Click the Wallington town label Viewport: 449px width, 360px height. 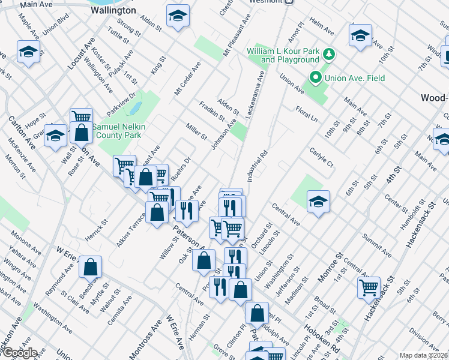point(113,11)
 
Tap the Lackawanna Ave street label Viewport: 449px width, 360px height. point(256,93)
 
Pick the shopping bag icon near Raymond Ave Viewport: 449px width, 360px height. point(90,266)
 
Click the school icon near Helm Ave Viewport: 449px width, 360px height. point(360,34)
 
